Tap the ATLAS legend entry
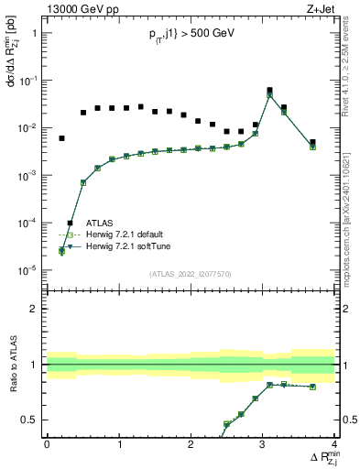(101, 223)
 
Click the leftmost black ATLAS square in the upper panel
(61, 138)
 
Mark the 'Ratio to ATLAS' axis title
(12, 366)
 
